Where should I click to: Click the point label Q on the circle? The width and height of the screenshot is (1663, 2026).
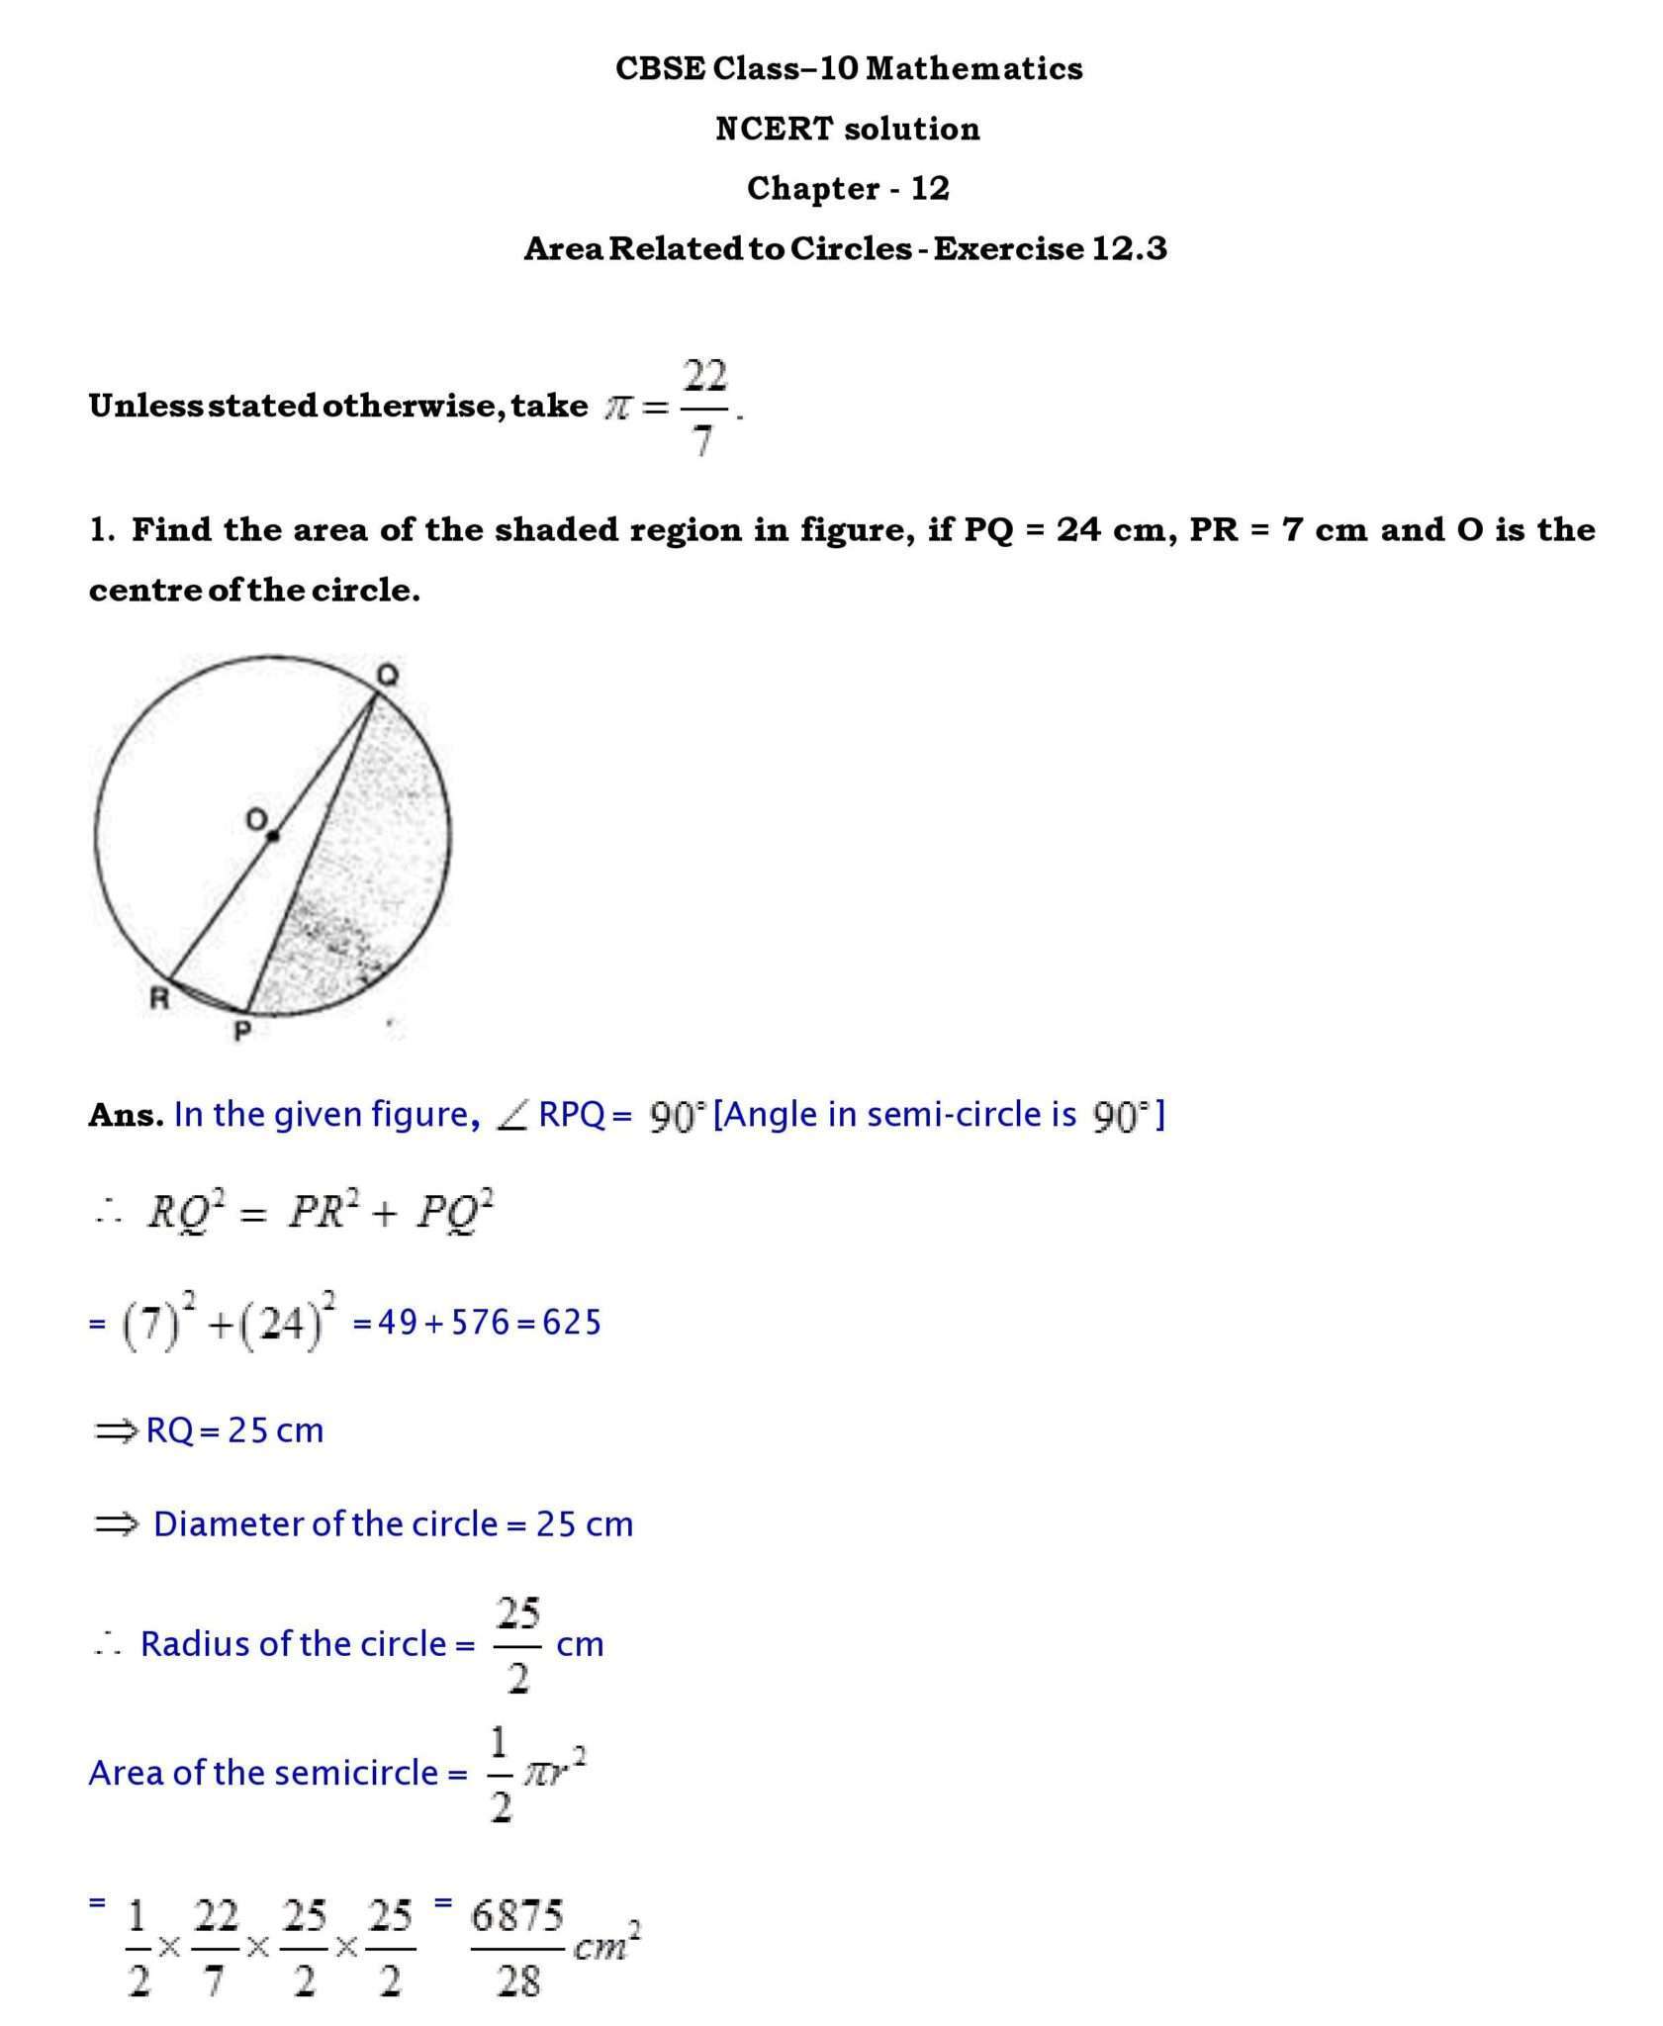pos(387,676)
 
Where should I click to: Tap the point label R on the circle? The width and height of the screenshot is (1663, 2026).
pos(158,999)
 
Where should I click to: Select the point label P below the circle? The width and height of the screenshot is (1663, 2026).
pos(241,1033)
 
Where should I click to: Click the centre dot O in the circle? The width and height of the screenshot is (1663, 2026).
pos(273,837)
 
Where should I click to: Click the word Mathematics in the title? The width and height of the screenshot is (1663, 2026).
pos(973,68)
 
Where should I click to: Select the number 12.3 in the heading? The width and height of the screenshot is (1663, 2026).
pos(1129,248)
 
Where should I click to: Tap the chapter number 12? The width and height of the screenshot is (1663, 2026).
pos(929,188)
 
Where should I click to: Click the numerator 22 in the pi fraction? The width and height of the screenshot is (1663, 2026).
pos(704,376)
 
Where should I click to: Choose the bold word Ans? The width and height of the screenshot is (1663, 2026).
pos(126,1115)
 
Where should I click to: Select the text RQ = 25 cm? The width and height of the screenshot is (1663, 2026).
pos(234,1430)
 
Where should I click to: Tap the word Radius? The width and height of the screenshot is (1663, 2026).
pos(181,1643)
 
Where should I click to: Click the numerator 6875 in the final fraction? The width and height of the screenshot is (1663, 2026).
pos(516,1916)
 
